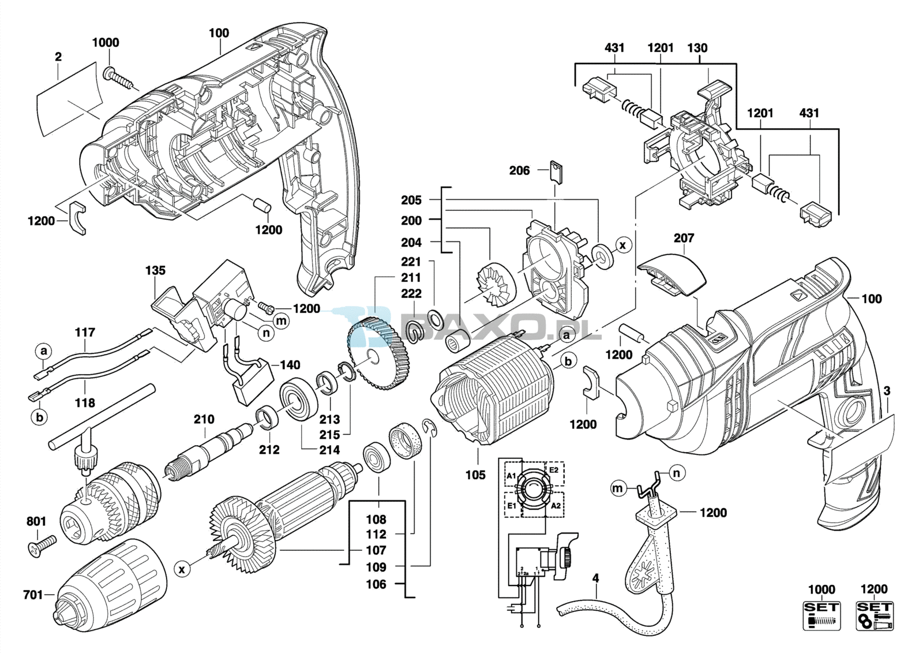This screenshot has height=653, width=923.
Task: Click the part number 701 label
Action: (33, 594)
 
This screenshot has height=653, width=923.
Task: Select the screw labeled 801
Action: (42, 545)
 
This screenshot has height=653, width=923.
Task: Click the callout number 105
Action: (475, 475)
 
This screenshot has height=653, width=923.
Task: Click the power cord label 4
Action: (595, 578)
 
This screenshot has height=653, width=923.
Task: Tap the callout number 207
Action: (684, 238)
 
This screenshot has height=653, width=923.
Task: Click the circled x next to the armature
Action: (182, 570)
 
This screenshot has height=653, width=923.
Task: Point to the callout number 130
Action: (697, 48)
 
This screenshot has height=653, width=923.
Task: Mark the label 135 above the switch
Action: (155, 270)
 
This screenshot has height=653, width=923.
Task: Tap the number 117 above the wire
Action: (85, 333)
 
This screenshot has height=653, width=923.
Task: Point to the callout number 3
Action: (887, 391)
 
